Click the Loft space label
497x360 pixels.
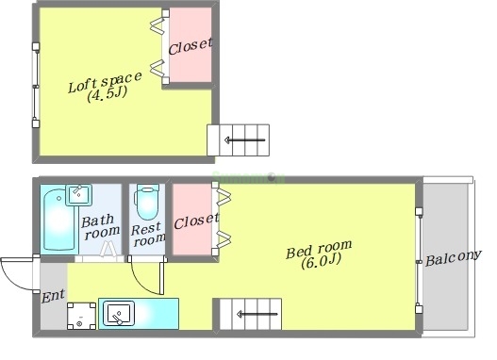point(105,82)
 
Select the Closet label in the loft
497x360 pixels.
point(190,46)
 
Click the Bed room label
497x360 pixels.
point(319,249)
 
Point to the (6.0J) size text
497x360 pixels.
point(321,262)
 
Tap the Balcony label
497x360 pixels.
point(454,257)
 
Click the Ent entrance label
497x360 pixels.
point(53,296)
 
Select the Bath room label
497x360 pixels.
point(101,226)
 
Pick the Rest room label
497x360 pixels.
point(148,235)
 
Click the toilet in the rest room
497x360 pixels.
point(147,202)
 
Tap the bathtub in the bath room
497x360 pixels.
point(60,220)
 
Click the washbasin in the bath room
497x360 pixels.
point(79,195)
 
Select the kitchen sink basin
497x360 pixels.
point(119,314)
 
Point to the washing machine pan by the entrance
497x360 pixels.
point(81,316)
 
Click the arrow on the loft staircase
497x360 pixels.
point(244,139)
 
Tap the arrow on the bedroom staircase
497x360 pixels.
point(257,315)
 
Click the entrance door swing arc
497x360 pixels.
point(11,277)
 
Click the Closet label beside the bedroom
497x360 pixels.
point(196,221)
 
